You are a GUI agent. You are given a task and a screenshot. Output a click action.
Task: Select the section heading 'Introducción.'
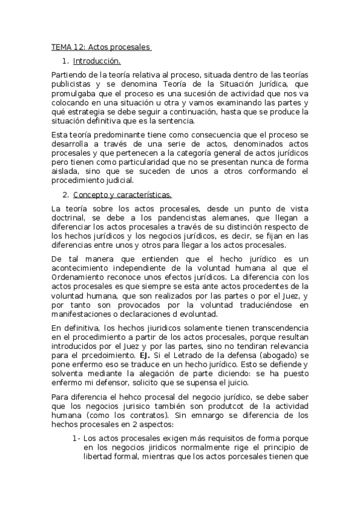click(96, 61)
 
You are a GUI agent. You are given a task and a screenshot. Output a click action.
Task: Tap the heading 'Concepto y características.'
click(122, 194)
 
